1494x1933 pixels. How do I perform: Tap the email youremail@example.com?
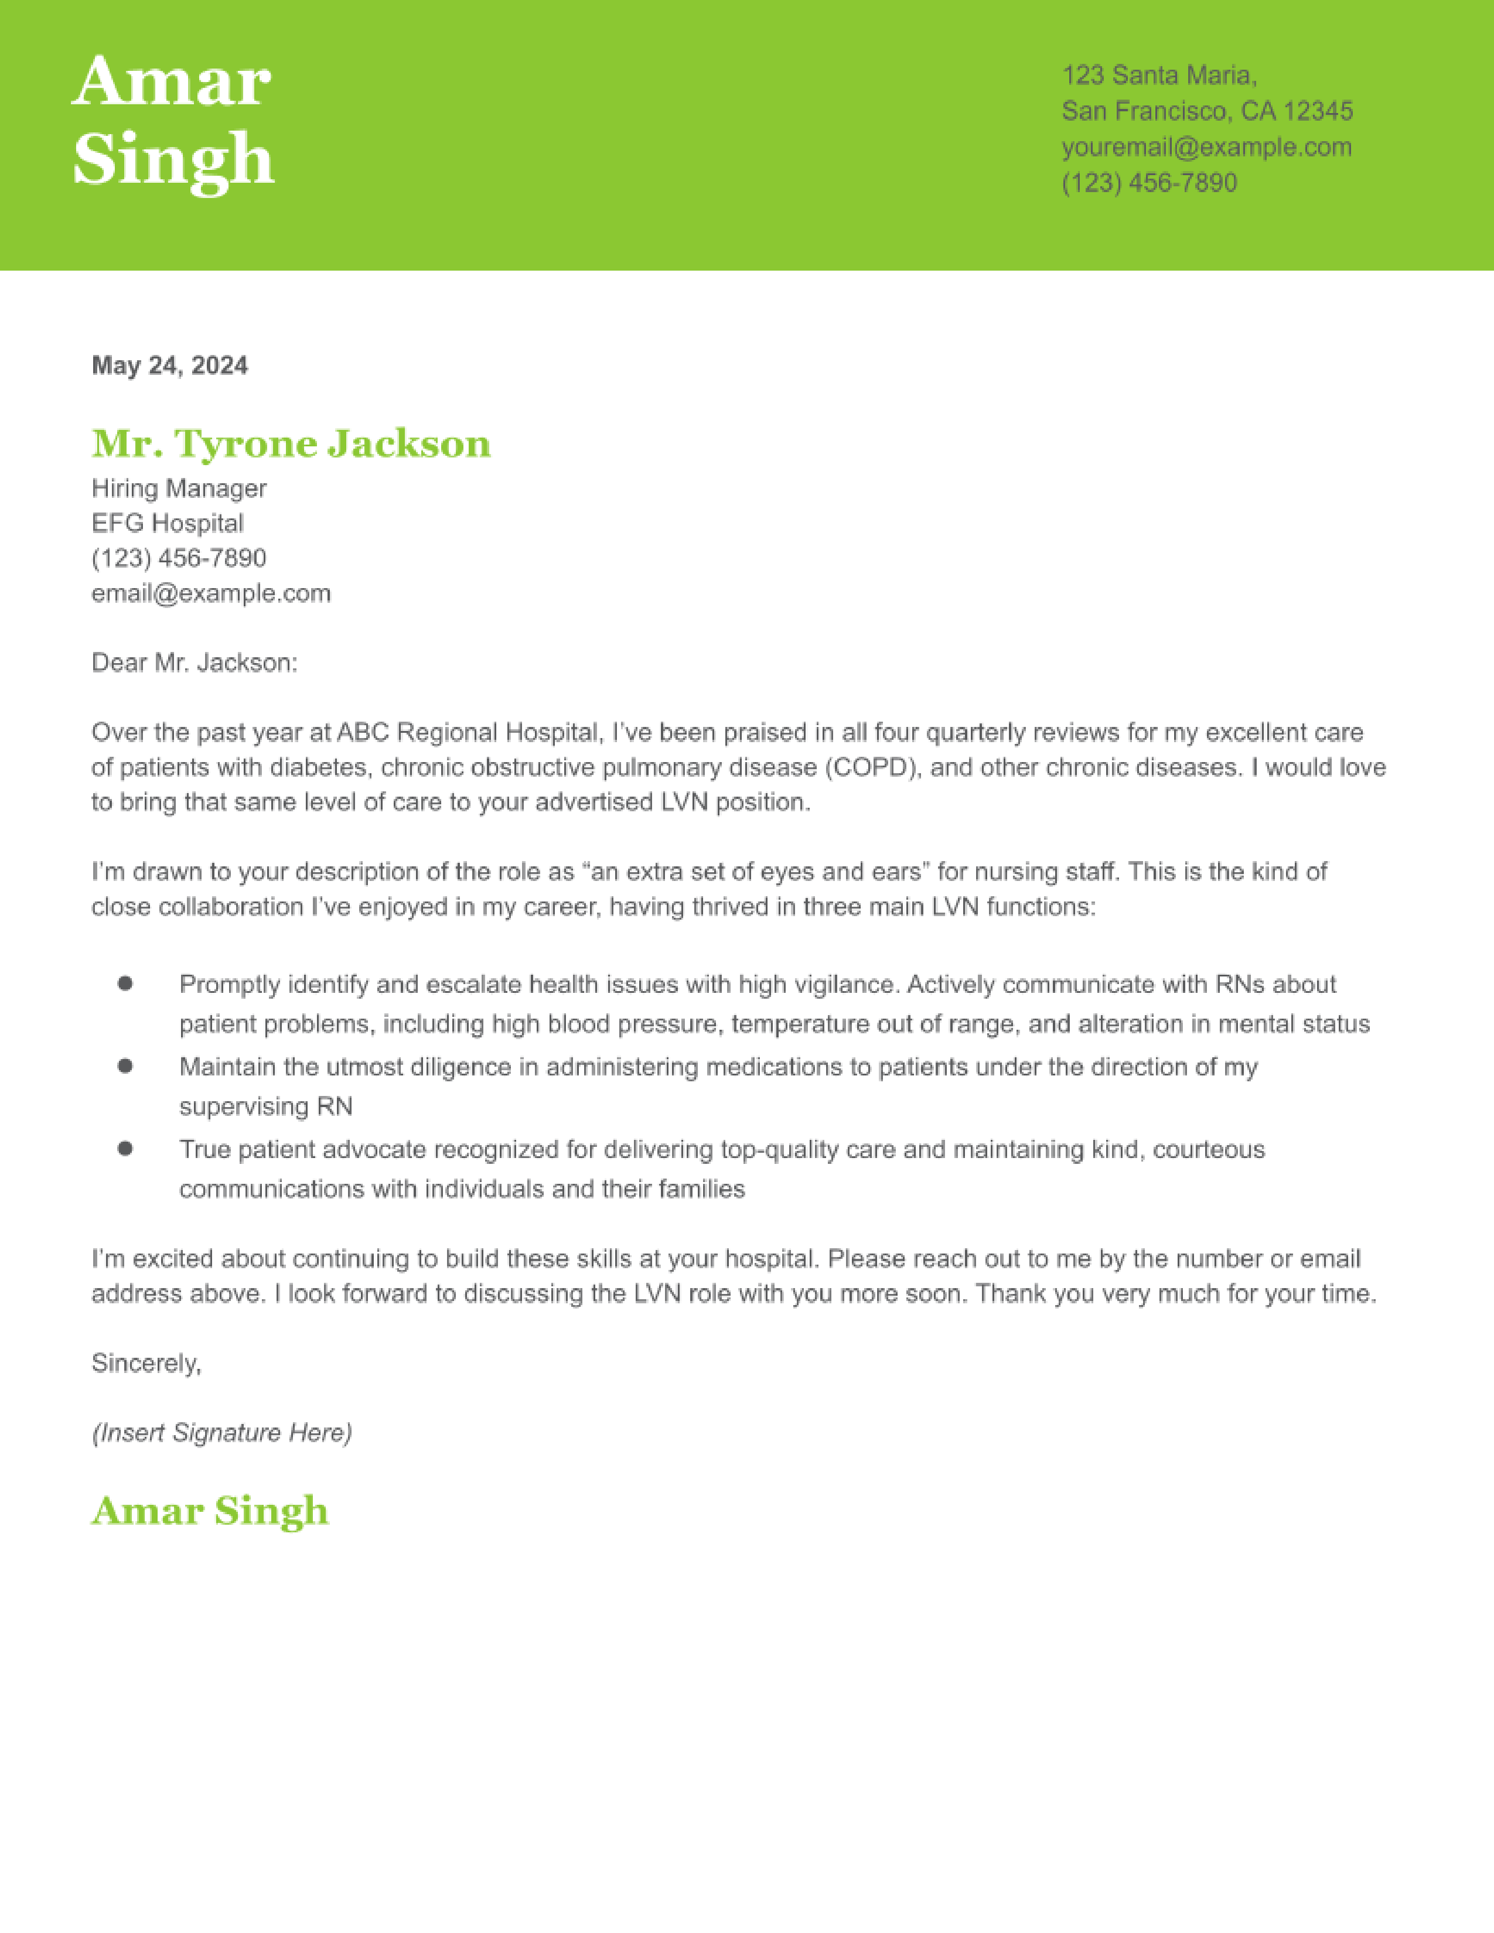coord(1206,147)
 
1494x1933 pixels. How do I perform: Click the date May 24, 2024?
coord(170,366)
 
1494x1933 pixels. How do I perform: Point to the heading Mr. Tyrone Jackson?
coord(291,443)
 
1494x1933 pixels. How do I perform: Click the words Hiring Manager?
coord(179,489)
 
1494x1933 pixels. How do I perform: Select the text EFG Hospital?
coord(168,523)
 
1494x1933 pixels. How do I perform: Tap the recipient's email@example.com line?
coord(211,593)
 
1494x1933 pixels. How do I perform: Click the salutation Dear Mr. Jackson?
coord(195,663)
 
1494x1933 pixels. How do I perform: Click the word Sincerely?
coord(146,1363)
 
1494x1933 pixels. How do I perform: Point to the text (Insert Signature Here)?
coord(222,1433)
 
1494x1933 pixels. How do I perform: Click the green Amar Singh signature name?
coord(210,1512)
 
